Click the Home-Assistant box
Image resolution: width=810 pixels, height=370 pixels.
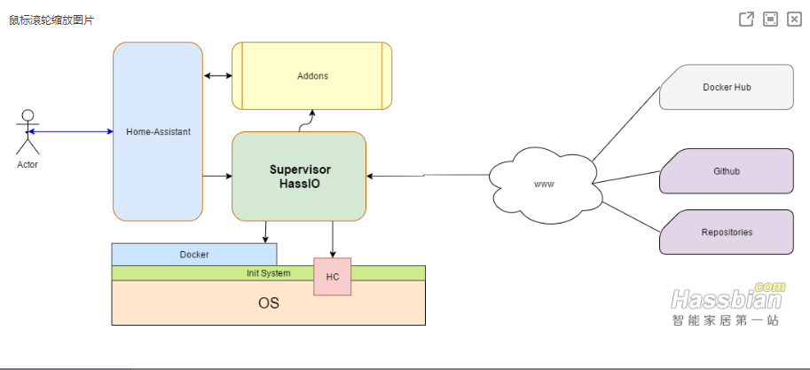click(x=158, y=131)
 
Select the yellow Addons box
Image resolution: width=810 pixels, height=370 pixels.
click(x=312, y=76)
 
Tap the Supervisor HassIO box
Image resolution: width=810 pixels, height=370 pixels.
click(x=299, y=176)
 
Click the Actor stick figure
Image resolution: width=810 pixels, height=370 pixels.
click(x=28, y=134)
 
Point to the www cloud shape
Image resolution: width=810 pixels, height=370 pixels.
click(x=543, y=185)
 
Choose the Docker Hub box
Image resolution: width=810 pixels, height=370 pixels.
click(x=727, y=88)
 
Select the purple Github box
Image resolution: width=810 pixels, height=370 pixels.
click(x=727, y=171)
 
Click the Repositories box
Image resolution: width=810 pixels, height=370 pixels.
click(x=727, y=232)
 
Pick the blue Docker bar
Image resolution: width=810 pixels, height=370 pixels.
click(x=194, y=255)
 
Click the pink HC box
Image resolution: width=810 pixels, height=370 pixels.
click(x=333, y=277)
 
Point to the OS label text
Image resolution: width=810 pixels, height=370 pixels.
click(x=269, y=303)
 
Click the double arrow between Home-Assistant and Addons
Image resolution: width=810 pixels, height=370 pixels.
click(x=217, y=76)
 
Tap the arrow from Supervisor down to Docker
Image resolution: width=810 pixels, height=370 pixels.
click(x=265, y=232)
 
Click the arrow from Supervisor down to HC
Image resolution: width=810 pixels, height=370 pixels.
click(x=333, y=240)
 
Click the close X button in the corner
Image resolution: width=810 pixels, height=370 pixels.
click(x=794, y=19)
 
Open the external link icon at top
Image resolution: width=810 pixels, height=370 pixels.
click(x=747, y=19)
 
